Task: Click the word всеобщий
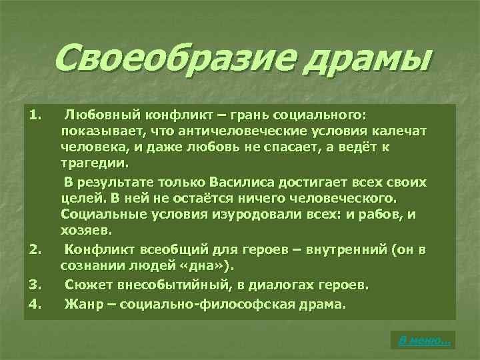point(163,250)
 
